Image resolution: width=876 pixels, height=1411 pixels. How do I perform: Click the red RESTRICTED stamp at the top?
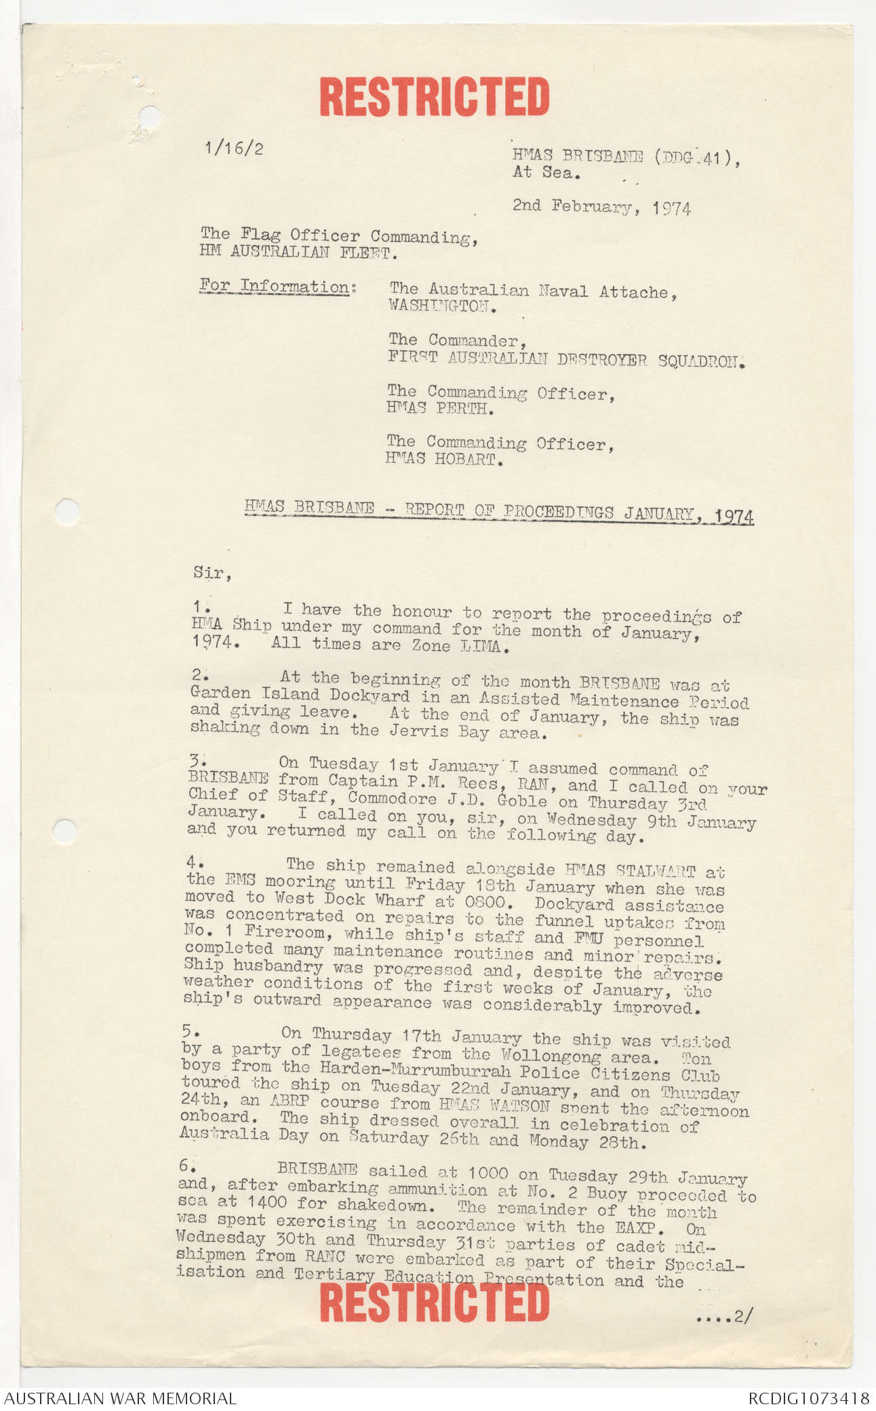tap(434, 96)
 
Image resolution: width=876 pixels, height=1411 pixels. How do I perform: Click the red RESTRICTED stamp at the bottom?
tap(434, 1303)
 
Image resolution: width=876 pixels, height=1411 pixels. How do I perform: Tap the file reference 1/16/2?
tap(234, 148)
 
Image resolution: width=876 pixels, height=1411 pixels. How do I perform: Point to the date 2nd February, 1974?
tap(601, 207)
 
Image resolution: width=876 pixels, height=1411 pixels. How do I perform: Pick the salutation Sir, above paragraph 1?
tap(212, 573)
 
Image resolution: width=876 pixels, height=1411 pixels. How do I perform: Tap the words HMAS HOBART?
tap(441, 459)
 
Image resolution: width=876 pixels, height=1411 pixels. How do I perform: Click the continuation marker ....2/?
tap(723, 1317)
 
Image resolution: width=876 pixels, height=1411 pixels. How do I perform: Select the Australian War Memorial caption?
tap(121, 1398)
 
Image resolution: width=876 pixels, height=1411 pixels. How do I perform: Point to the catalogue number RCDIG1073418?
tap(808, 1398)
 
